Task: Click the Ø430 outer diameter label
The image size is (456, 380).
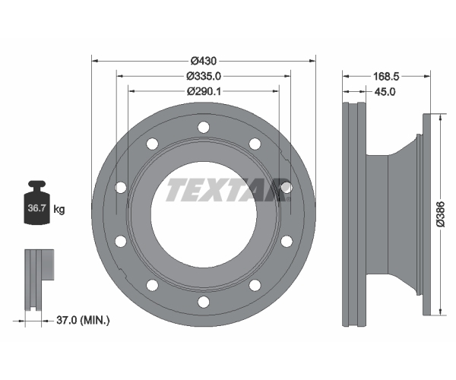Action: click(x=204, y=61)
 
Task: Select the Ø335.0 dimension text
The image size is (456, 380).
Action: click(x=204, y=76)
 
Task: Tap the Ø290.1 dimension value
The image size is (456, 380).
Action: click(x=204, y=91)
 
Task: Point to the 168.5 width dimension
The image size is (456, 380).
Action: click(x=386, y=77)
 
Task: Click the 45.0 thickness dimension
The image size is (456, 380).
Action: click(x=385, y=92)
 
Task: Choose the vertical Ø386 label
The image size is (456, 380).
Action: click(x=441, y=214)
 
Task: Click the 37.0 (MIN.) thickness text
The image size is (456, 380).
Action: click(x=83, y=321)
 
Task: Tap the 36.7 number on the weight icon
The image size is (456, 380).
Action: click(x=36, y=208)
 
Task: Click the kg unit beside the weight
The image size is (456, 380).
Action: click(x=59, y=209)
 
